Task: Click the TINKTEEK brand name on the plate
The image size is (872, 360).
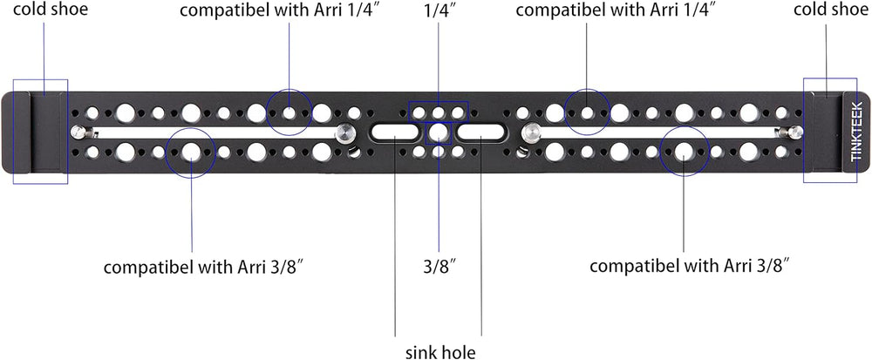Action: click(x=857, y=131)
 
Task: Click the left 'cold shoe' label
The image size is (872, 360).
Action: click(x=44, y=10)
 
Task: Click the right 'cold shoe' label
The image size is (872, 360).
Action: click(x=829, y=10)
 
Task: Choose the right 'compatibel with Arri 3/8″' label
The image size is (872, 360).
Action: click(x=690, y=266)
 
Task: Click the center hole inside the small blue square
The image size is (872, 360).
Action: click(x=439, y=132)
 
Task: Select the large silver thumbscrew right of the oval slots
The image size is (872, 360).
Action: click(x=531, y=133)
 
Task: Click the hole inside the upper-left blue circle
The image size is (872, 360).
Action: click(x=290, y=112)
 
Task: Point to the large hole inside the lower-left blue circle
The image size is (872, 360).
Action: click(x=191, y=152)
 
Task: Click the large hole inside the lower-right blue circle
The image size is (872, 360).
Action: click(x=684, y=151)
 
